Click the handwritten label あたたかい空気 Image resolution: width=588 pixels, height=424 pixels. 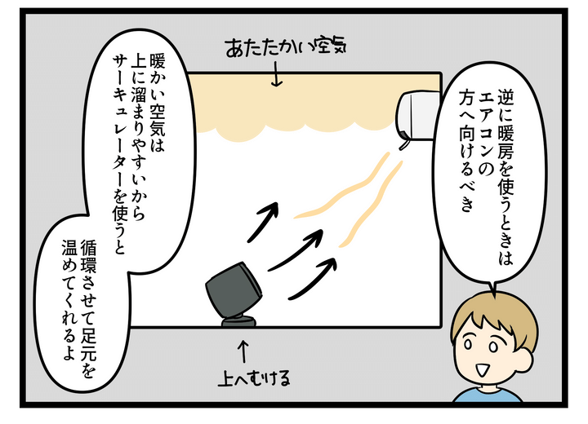pyautogui.click(x=285, y=47)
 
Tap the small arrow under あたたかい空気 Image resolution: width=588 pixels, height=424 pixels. pyautogui.click(x=277, y=74)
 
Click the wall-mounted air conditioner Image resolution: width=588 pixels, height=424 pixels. pyautogui.click(x=417, y=115)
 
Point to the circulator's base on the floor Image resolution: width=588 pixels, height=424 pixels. pyautogui.click(x=238, y=322)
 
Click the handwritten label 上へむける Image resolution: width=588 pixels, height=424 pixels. pyautogui.click(x=254, y=378)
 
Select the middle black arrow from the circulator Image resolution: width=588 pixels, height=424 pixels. pyautogui.click(x=296, y=250)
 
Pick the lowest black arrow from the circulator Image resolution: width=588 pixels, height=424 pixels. pyautogui.click(x=313, y=278)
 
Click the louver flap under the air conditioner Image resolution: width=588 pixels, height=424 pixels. pyautogui.click(x=404, y=144)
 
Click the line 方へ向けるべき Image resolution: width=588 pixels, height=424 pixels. pyautogui.click(x=466, y=151)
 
